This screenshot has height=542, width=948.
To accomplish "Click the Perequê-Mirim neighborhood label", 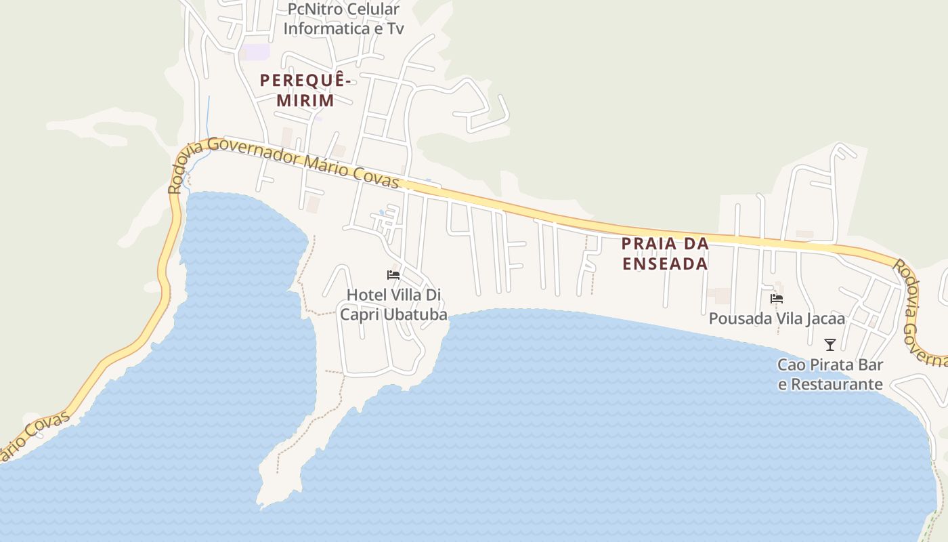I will (x=306, y=90).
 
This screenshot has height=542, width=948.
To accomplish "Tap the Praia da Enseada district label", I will (x=665, y=253).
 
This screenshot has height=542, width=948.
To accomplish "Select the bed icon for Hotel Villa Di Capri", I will (x=393, y=275).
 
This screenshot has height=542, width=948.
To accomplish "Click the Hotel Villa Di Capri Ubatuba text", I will (x=393, y=305).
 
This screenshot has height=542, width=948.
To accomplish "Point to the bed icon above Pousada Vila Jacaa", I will (x=777, y=298).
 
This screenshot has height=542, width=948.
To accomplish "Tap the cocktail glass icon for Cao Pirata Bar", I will (x=830, y=345).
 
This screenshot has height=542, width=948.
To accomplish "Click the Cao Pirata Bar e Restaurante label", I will (x=830, y=375).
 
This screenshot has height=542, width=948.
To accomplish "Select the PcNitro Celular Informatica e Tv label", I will (x=343, y=19).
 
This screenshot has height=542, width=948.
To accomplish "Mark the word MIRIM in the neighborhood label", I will (x=305, y=100).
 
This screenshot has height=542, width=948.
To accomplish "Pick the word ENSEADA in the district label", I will (x=665, y=264).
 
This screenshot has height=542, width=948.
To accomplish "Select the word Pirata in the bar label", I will (x=830, y=364).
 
